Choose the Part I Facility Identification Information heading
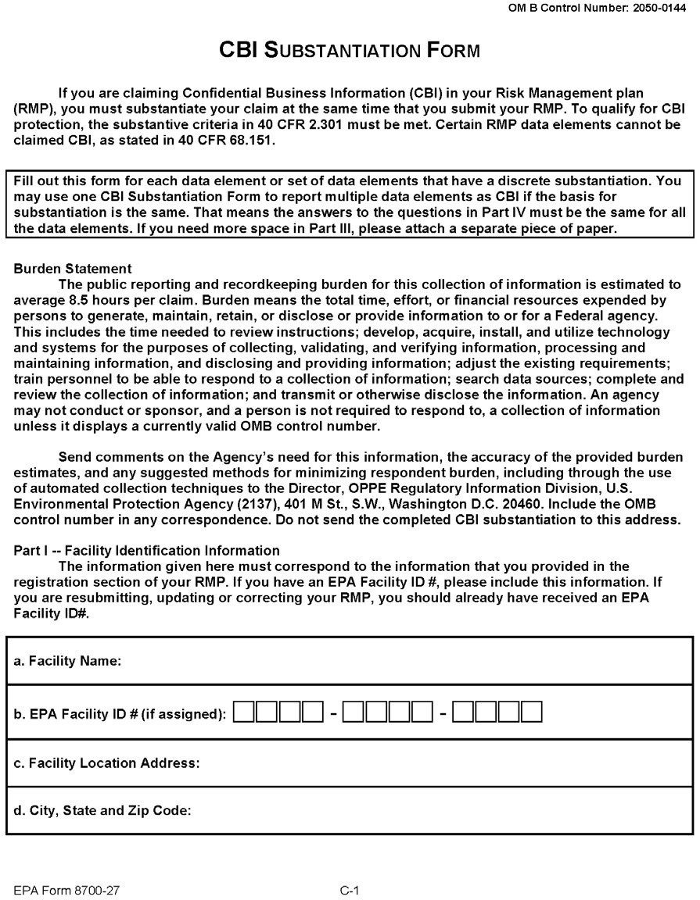coord(147,550)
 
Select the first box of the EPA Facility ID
coord(245,712)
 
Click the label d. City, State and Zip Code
coord(103,811)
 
